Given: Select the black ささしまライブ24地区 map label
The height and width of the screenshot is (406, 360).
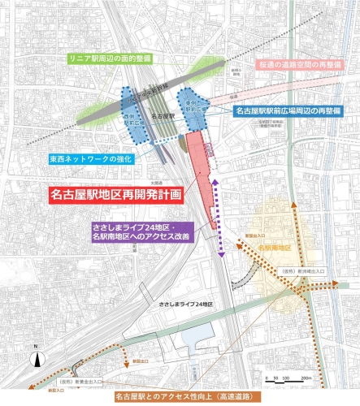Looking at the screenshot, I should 186,304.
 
